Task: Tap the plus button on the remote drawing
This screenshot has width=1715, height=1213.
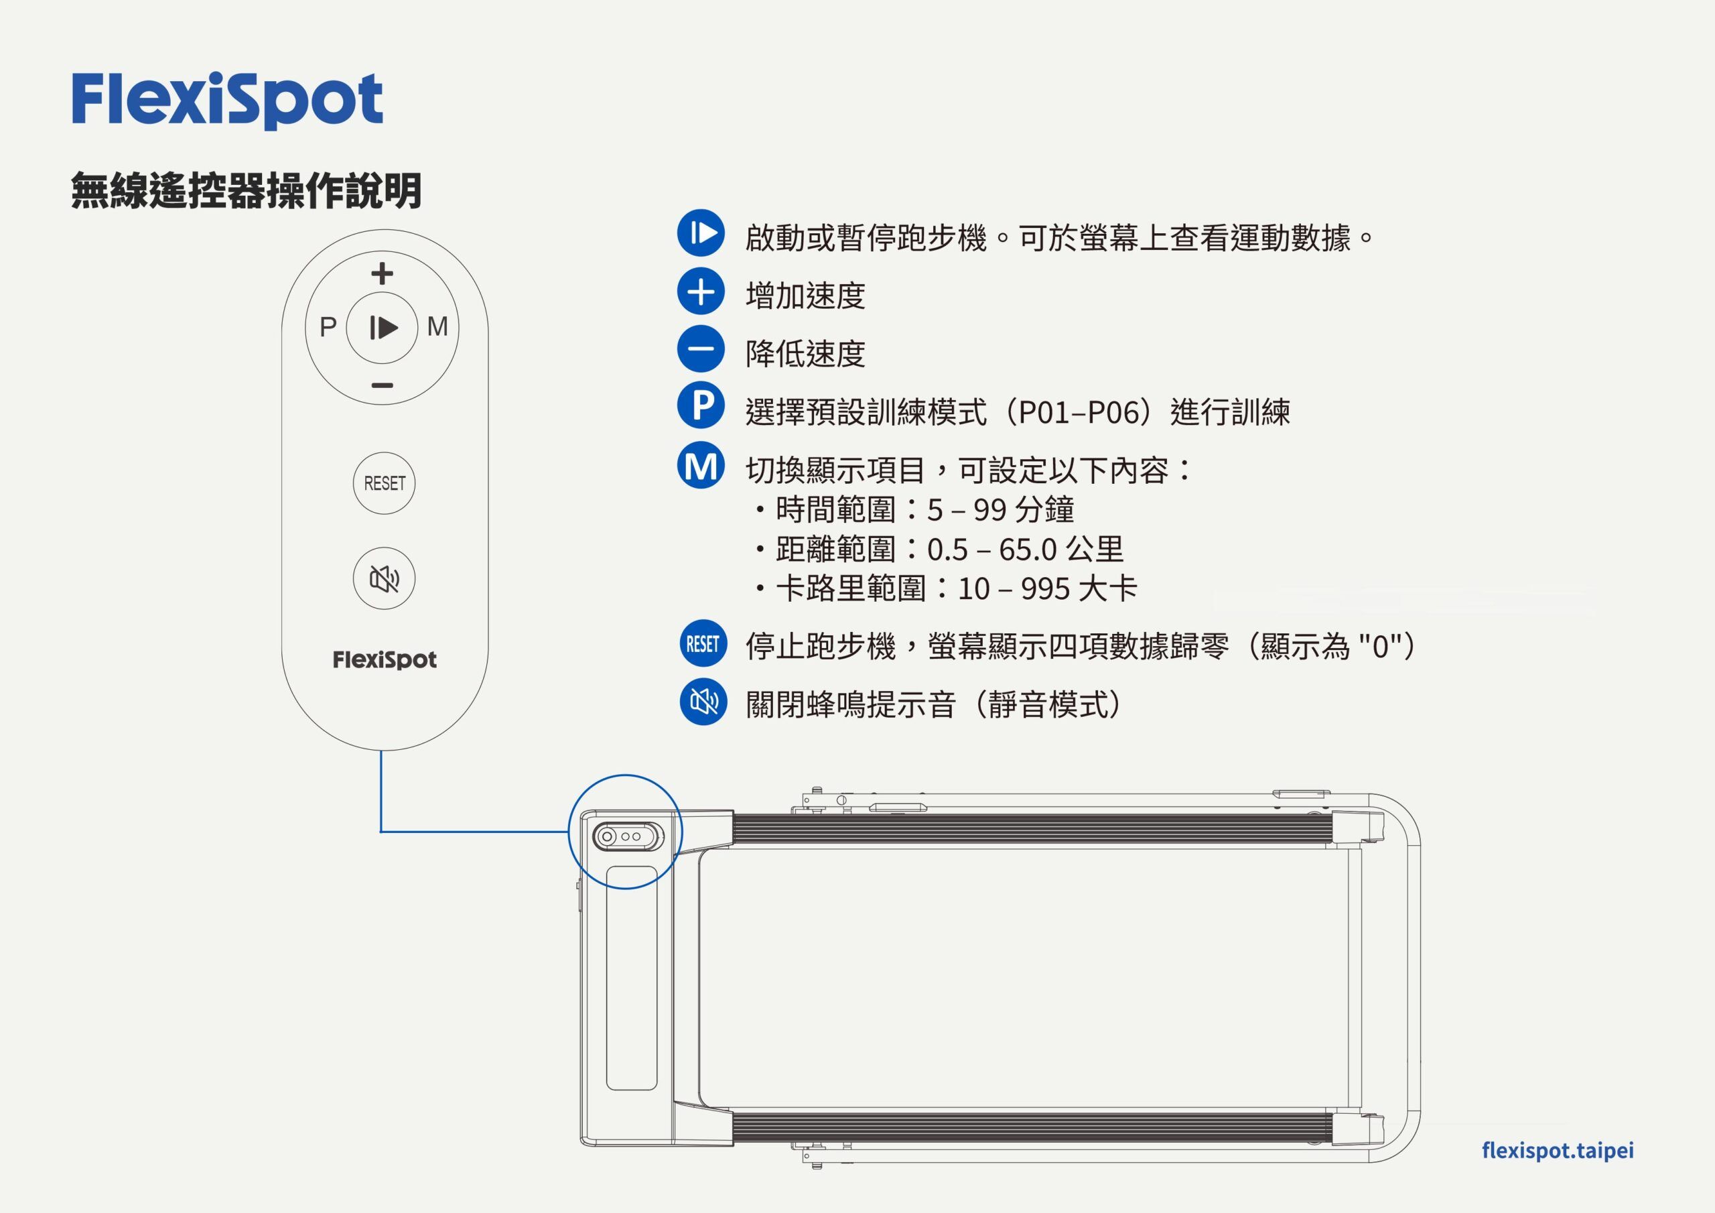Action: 382,273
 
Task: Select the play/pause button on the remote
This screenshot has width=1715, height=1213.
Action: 383,327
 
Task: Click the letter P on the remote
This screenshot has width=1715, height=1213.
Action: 328,327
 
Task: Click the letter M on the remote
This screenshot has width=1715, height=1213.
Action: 437,326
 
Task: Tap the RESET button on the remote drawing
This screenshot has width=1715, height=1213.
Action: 384,484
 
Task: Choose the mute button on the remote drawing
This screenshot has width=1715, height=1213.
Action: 384,578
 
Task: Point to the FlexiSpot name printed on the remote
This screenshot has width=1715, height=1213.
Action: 384,660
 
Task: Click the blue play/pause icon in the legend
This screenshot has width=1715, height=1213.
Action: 701,233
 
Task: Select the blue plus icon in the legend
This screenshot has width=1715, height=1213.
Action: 701,292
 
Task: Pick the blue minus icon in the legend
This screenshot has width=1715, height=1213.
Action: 701,349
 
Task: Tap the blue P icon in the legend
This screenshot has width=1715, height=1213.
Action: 701,406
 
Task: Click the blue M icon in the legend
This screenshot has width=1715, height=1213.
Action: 701,465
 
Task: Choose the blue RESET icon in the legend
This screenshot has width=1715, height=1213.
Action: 702,643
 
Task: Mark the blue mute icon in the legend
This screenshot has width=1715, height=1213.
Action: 702,702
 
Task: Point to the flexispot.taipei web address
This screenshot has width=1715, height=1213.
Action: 1558,1150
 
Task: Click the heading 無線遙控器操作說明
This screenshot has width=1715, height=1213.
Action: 247,190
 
